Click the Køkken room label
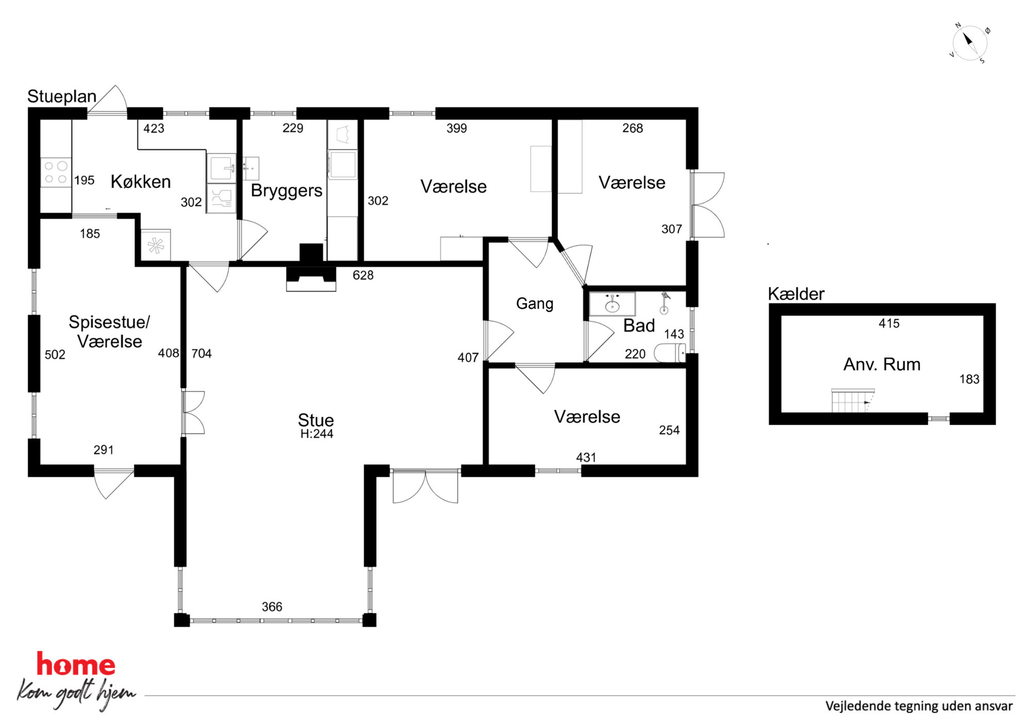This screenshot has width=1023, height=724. pyautogui.click(x=141, y=182)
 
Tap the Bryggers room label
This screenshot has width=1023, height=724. pyautogui.click(x=287, y=191)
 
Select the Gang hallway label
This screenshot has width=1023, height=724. pyautogui.click(x=535, y=303)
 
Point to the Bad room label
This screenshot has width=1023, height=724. pyautogui.click(x=639, y=326)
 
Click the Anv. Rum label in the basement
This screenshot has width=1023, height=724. pyautogui.click(x=882, y=364)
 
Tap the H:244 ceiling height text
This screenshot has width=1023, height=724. pyautogui.click(x=317, y=434)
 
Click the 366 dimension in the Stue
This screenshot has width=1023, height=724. pyautogui.click(x=272, y=607)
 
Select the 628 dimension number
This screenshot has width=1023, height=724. pyautogui.click(x=363, y=276)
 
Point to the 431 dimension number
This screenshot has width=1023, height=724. pyautogui.click(x=586, y=458)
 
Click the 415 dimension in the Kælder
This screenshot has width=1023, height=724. pyautogui.click(x=889, y=324)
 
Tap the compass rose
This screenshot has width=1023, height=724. pyautogui.click(x=969, y=43)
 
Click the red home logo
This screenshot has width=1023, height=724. pyautogui.click(x=76, y=665)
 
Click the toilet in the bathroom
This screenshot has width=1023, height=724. pyautogui.click(x=670, y=353)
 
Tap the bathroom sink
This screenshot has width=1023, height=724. pyautogui.click(x=613, y=304)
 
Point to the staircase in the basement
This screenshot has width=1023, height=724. pyautogui.click(x=853, y=401)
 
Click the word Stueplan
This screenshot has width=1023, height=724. pyautogui.click(x=62, y=96)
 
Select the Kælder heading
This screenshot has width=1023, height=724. pyautogui.click(x=796, y=294)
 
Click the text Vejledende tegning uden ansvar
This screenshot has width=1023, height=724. pyautogui.click(x=919, y=706)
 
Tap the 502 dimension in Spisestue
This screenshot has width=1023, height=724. pyautogui.click(x=55, y=355)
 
